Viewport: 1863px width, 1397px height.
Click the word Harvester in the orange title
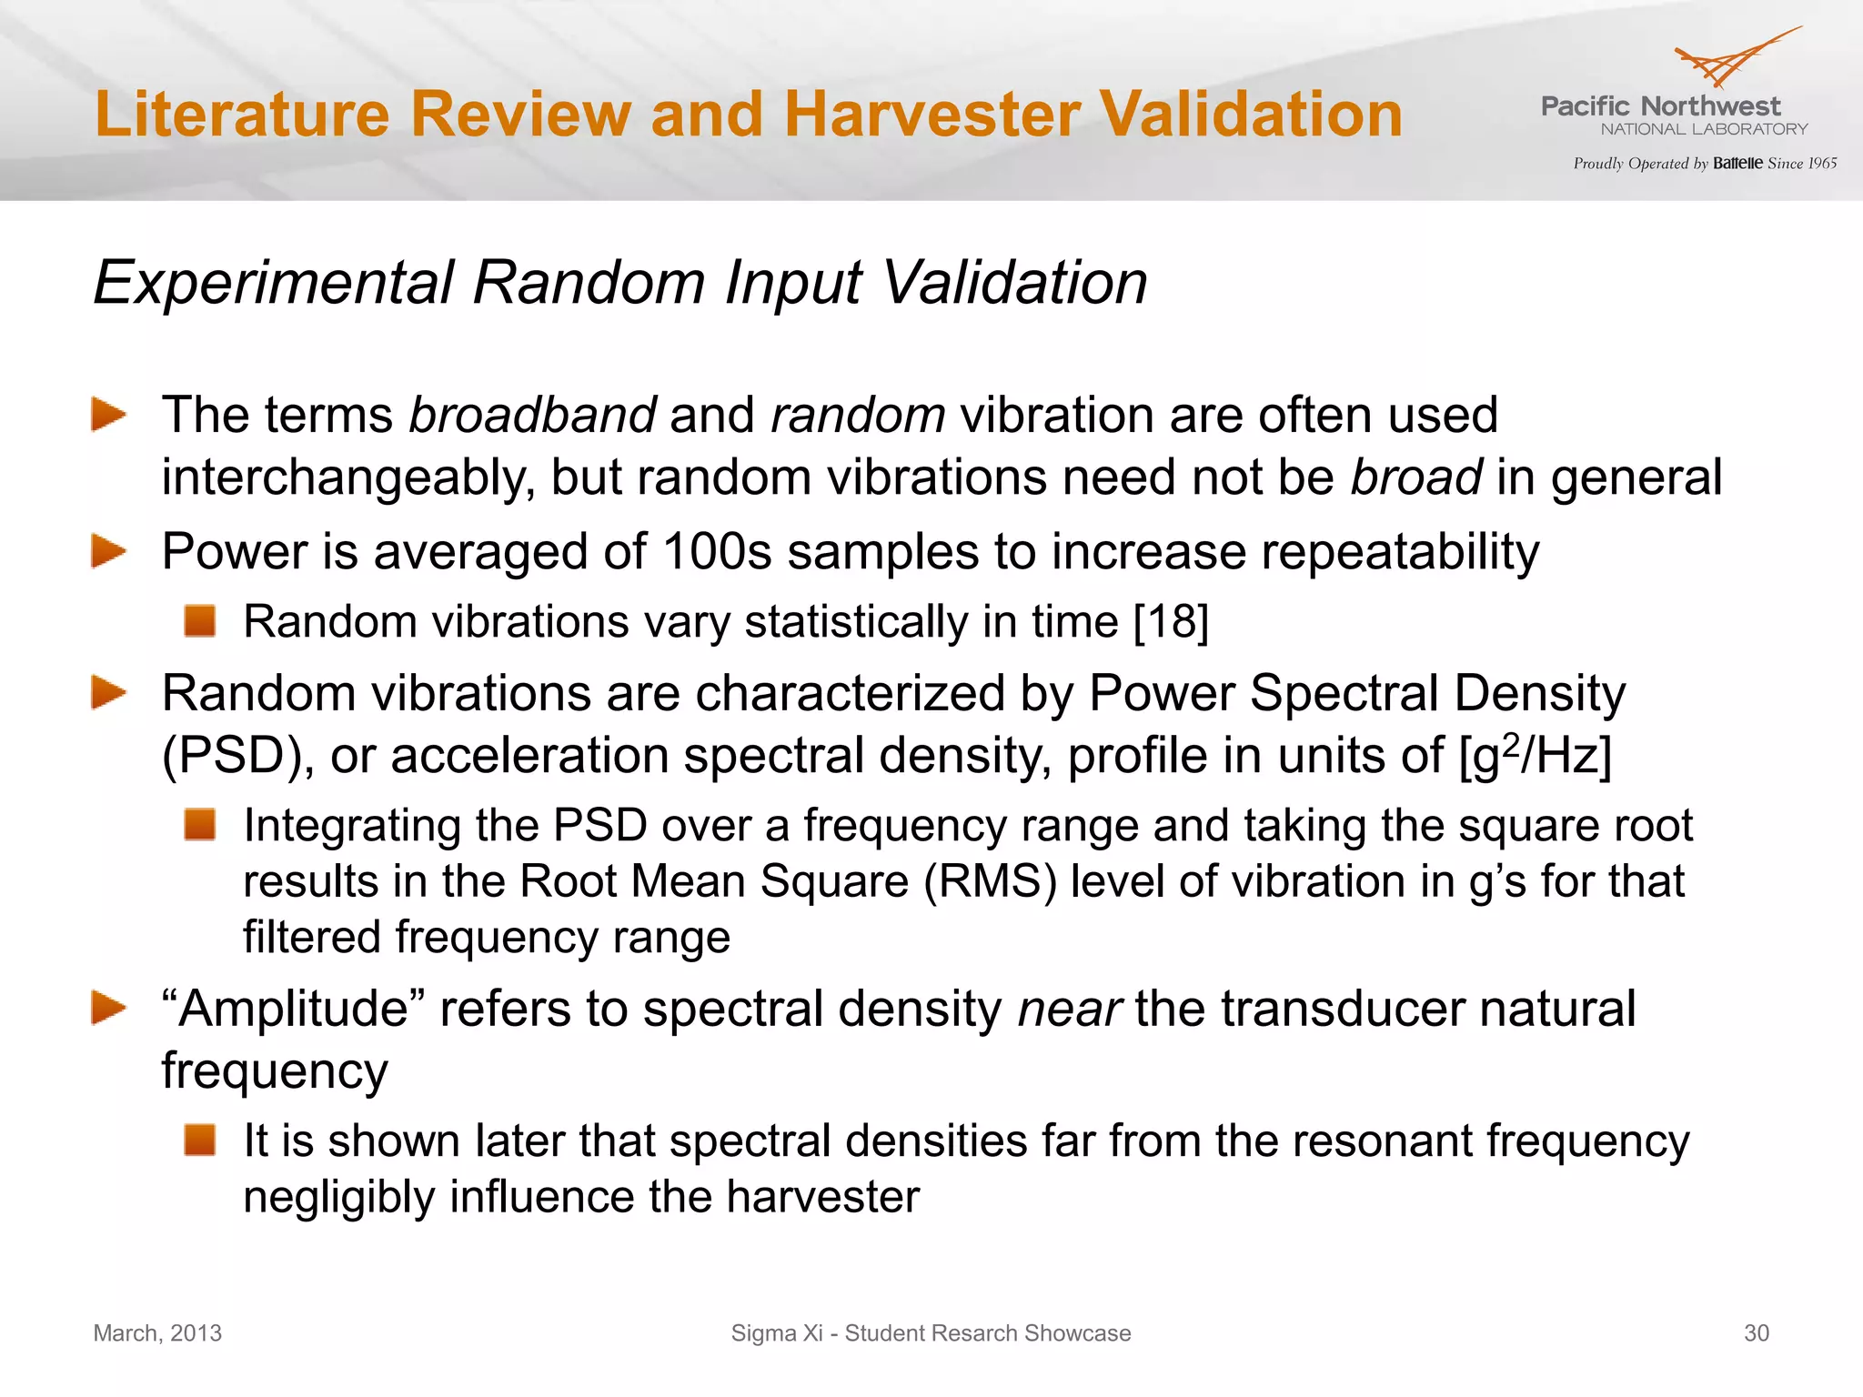(x=932, y=115)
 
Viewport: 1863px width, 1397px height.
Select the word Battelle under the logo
(x=1737, y=164)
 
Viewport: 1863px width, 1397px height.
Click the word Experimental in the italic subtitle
(x=273, y=283)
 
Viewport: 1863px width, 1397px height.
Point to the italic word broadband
(x=532, y=416)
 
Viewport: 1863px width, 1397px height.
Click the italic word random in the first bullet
(x=858, y=416)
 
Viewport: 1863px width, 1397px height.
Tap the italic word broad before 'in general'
(x=1416, y=477)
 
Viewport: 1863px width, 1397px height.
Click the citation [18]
(x=1171, y=622)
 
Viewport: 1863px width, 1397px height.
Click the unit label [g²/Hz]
(x=1535, y=756)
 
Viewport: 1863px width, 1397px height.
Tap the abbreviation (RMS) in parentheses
(x=990, y=881)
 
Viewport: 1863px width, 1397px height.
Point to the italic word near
(x=1069, y=1010)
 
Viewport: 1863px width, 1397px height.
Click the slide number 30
(x=1756, y=1333)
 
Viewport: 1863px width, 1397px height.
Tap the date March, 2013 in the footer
(x=157, y=1333)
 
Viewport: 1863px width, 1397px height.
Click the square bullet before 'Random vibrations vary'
(x=199, y=621)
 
